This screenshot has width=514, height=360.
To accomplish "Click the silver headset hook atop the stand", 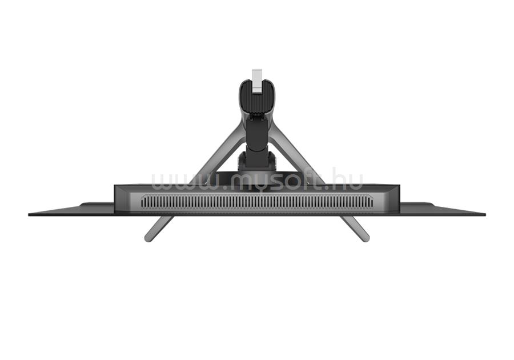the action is pos(256,81).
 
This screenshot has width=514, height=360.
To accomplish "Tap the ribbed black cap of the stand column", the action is pos(257,98).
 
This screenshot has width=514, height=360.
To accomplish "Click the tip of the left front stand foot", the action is pos(148,239).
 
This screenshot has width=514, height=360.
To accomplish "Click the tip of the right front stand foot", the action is pos(366,239).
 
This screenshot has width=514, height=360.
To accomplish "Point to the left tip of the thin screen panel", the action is pos(29,214).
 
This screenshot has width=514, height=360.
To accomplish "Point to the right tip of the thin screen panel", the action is pos(485,214).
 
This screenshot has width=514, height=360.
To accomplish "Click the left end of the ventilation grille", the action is pos(142,202).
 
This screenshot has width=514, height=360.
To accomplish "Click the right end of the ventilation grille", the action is pos(372,202).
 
